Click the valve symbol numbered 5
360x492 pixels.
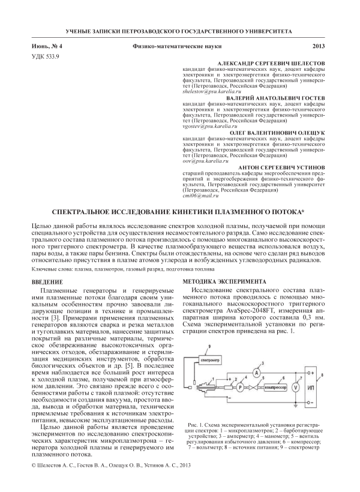pyautogui.click(x=262, y=388)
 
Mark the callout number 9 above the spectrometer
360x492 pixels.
pyautogui.click(x=209, y=347)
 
